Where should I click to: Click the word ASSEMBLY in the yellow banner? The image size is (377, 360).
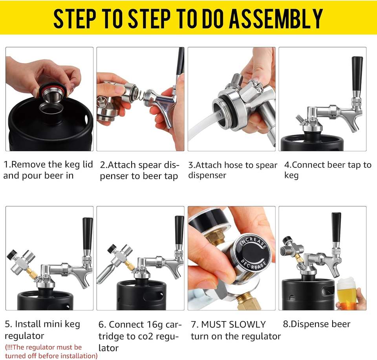point(276,18)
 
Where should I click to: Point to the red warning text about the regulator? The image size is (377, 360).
point(51,351)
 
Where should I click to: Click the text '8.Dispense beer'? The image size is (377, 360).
point(317,324)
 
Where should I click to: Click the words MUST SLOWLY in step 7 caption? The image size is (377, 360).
point(233,324)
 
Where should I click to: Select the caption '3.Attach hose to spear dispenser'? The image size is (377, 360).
point(232,170)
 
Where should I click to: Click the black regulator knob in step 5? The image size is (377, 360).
point(11,254)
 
